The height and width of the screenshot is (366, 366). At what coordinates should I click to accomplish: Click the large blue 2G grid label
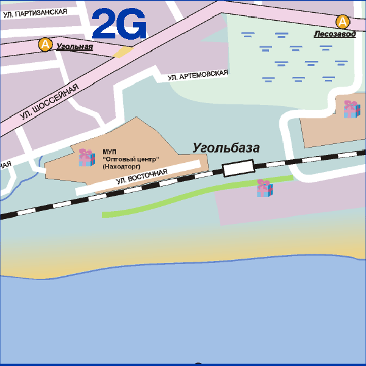119,24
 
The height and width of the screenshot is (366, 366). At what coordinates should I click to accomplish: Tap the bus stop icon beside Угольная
45,45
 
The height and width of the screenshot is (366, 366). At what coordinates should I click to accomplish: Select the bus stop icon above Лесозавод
343,22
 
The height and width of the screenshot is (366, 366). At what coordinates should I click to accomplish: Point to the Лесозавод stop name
334,35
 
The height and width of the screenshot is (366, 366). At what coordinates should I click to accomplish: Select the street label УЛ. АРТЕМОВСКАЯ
198,75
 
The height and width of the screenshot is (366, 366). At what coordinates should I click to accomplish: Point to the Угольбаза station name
226,148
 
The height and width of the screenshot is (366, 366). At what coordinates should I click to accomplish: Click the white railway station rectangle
238,168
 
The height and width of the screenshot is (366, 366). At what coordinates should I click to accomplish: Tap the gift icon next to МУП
86,157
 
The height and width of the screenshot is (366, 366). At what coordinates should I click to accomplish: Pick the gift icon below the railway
264,188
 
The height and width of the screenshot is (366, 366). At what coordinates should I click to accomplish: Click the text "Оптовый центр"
131,159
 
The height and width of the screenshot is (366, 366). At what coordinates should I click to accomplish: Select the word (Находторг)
122,166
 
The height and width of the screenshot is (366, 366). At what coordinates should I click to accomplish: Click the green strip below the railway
183,199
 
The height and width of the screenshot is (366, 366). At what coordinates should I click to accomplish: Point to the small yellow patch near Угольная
123,52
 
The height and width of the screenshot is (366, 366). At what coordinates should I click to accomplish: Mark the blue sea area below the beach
183,311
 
